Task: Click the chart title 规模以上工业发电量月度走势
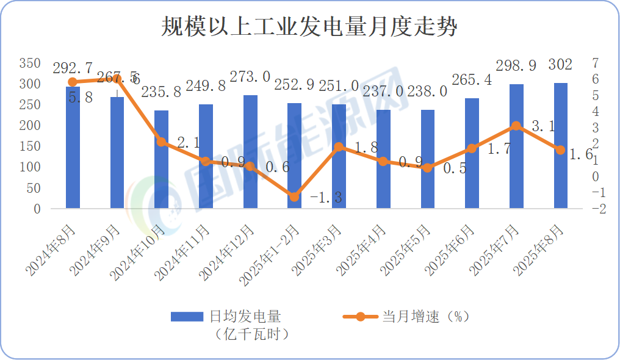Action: click(x=309, y=27)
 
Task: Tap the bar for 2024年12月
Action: click(x=250, y=152)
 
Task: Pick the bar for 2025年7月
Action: click(x=516, y=146)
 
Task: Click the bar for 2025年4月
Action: click(x=383, y=159)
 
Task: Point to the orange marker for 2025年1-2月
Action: click(x=294, y=197)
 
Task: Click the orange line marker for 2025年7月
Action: click(x=516, y=126)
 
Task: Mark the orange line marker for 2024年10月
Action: click(x=161, y=142)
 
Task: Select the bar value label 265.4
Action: click(x=472, y=79)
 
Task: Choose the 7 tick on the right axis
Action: click(x=595, y=63)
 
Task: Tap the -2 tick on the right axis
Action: click(x=598, y=209)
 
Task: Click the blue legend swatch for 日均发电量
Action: click(x=187, y=317)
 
